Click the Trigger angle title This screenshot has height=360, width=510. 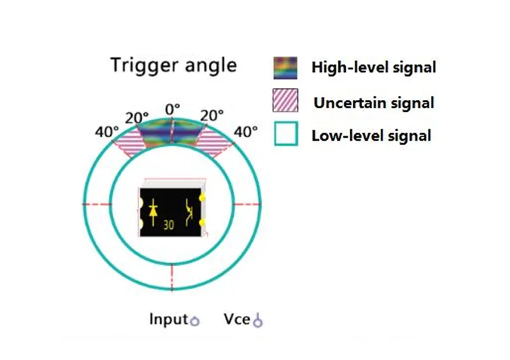tap(173, 66)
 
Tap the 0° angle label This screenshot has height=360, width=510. tap(173, 110)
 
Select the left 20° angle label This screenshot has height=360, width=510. tap(137, 118)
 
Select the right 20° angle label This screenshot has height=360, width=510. tap(212, 116)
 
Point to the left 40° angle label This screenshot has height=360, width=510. tap(107, 132)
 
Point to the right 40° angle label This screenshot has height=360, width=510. tap(246, 132)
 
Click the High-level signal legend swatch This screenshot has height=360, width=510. tap(285, 68)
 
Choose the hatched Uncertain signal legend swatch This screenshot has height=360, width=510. tap(285, 100)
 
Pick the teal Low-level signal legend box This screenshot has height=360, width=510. tap(286, 133)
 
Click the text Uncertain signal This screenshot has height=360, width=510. tap(374, 103)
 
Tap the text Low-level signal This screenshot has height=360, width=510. tap(371, 136)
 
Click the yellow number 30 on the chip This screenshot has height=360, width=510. tap(169, 225)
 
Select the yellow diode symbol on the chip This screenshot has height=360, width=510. tap(153, 212)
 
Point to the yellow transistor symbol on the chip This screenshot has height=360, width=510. tap(189, 212)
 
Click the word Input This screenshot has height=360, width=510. tap(169, 319)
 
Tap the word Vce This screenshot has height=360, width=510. tap(237, 319)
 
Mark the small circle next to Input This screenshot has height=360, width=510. tap(195, 321)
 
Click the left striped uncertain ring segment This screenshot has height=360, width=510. tap(129, 143)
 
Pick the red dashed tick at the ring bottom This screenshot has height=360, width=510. tap(172, 277)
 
